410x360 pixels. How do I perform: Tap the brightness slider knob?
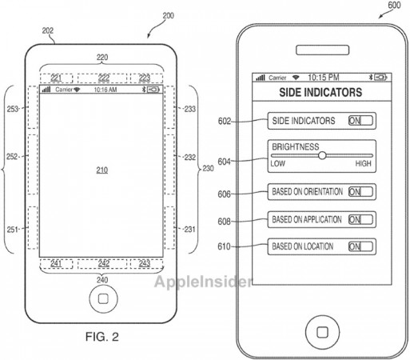(x=322, y=155)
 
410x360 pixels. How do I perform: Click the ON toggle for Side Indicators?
(x=360, y=121)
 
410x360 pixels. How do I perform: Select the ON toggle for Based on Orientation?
(x=360, y=192)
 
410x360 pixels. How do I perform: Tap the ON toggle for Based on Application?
(x=360, y=219)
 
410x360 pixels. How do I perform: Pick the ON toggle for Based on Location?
(x=360, y=246)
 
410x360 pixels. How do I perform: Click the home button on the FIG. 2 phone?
(x=103, y=298)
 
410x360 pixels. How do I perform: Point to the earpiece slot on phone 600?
(x=322, y=50)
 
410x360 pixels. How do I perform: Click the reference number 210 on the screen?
(x=102, y=170)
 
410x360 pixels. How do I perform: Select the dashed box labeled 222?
(x=102, y=78)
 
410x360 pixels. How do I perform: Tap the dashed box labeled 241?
(x=56, y=264)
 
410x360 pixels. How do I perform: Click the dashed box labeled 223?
(x=146, y=78)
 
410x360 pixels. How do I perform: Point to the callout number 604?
(x=224, y=162)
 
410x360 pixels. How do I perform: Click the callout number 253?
(x=13, y=109)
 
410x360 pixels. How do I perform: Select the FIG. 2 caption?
(x=102, y=337)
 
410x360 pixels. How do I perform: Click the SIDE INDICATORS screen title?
(x=320, y=92)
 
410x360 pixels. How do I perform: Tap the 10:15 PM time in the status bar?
(x=324, y=78)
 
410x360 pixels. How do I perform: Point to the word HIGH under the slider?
(x=363, y=163)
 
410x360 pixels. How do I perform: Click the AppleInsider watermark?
(x=203, y=282)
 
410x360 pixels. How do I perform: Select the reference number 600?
(x=394, y=5)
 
